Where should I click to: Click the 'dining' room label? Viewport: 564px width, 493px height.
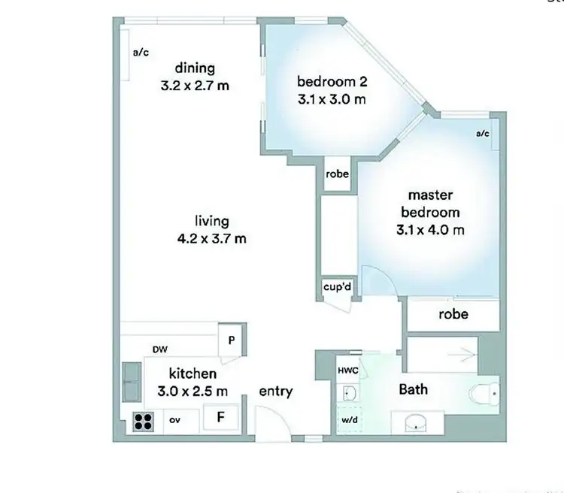[195, 69]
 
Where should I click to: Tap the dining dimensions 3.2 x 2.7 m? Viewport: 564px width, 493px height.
[195, 86]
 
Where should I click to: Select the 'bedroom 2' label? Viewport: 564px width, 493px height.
[331, 81]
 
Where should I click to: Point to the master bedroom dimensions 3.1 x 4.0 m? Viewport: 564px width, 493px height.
[429, 229]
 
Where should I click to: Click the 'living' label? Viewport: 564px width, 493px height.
[211, 222]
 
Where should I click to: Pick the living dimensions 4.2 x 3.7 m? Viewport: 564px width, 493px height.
[211, 239]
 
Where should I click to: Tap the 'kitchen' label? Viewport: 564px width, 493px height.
[193, 374]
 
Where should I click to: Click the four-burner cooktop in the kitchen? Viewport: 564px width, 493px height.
[144, 422]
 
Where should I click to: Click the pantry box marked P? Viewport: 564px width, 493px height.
[231, 340]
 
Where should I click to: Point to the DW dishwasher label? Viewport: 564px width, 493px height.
[159, 349]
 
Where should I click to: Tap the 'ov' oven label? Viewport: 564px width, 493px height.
[174, 420]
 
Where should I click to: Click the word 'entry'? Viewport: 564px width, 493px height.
[276, 392]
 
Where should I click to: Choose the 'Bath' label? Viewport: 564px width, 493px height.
[413, 389]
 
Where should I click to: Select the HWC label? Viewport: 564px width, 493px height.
[347, 371]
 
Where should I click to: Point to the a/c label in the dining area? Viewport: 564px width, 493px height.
[141, 53]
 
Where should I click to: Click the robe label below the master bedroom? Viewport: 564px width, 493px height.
[453, 314]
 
